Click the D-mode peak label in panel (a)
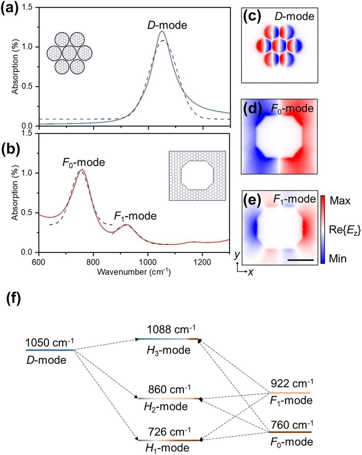tap(167, 25)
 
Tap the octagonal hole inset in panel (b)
tap(197, 176)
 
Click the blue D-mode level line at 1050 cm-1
tap(49, 350)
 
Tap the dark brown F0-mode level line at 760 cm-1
tap(290, 432)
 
